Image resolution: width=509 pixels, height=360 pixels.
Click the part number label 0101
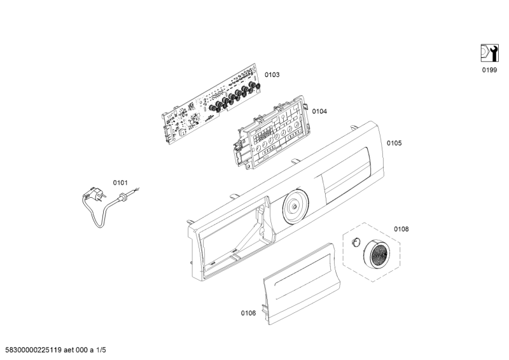pos(120,183)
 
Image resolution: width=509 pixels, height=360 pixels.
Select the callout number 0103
pos(272,74)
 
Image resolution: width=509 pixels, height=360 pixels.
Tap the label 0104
pos(319,111)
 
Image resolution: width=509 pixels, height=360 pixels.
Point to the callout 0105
pos(394,143)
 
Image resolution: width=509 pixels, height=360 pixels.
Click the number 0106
pos(248,313)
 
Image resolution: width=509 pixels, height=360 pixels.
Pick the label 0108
pos(401,229)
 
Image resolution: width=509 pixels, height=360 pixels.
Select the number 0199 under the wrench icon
pos(489,70)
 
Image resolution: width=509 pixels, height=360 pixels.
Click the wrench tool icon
pos(489,53)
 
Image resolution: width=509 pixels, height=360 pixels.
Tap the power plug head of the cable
pos(94,194)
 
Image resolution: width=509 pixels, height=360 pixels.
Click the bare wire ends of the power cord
pos(136,190)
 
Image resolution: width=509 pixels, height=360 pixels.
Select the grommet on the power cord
pos(123,197)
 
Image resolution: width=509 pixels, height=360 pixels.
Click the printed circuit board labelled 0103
pos(211,103)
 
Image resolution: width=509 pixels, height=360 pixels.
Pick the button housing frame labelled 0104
pos(271,132)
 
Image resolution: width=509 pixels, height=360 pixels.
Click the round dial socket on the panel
pos(295,206)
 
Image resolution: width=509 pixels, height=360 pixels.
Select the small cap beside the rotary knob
pos(356,242)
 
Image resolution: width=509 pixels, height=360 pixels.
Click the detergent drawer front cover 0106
pos(300,284)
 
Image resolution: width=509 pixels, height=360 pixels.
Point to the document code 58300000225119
pos(34,350)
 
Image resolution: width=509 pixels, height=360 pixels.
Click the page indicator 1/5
pos(101,350)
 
